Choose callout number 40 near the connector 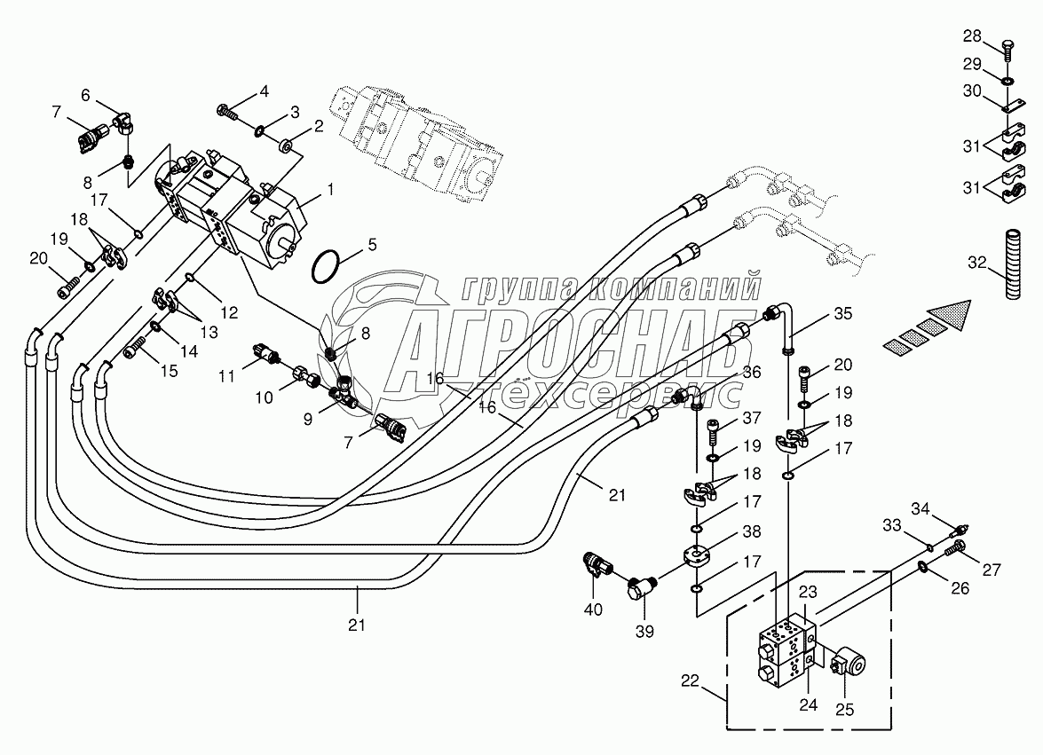592,609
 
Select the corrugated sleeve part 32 1009,263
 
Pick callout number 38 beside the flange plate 751,533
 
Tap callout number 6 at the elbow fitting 86,94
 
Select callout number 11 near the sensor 228,375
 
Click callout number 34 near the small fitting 921,508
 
